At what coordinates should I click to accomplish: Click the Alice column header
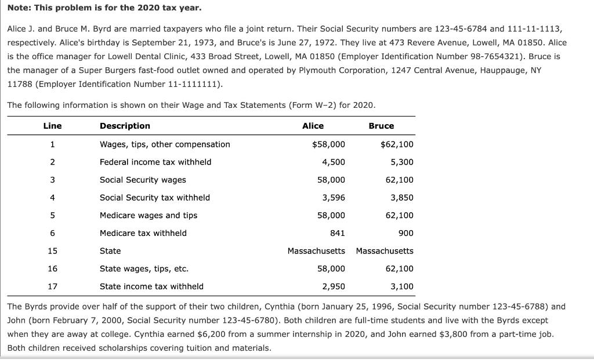pos(313,126)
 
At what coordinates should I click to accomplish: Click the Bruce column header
pos(381,126)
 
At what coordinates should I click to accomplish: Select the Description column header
pos(125,126)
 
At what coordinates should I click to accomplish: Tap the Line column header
pos(52,126)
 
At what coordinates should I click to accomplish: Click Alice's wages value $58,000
pos(328,144)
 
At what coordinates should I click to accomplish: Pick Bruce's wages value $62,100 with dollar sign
pos(397,144)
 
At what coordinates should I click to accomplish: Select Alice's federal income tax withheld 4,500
pos(334,162)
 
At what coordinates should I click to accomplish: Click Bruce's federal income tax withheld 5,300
pos(402,162)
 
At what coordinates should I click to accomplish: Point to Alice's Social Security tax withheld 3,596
pos(334,198)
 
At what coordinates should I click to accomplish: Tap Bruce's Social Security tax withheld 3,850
pos(402,198)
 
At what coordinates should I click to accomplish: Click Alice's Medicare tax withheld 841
pos(337,233)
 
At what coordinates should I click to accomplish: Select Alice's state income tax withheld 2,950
pos(334,286)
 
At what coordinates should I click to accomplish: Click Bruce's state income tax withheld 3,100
pos(402,286)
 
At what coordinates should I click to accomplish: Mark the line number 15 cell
pos(52,251)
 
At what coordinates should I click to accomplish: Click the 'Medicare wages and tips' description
pos(148,216)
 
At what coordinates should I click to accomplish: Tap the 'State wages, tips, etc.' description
pos(144,269)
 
